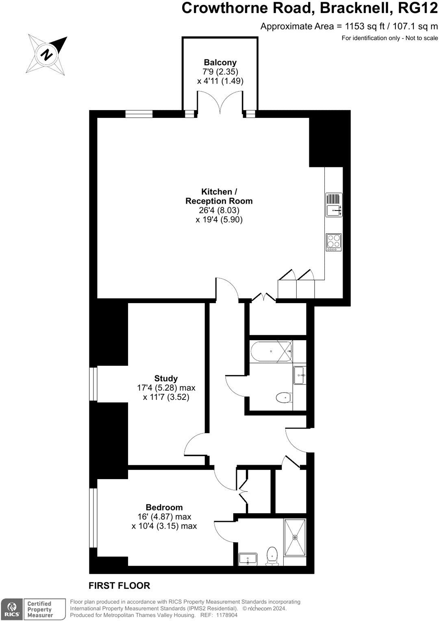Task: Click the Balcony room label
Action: [x=220, y=63]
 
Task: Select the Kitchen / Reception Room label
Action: [x=219, y=196]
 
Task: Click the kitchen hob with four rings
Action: [x=334, y=242]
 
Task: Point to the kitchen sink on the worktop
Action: [x=334, y=211]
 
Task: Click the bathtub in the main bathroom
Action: [x=271, y=351]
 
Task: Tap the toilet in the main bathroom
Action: [x=284, y=397]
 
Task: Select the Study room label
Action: [x=166, y=378]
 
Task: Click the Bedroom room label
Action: [x=164, y=507]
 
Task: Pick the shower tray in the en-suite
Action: [x=295, y=537]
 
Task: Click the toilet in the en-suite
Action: [x=272, y=555]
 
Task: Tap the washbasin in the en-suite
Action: [x=248, y=559]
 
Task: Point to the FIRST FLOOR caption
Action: [x=120, y=586]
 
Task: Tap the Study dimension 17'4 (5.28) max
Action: [x=166, y=388]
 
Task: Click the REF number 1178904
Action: [x=227, y=615]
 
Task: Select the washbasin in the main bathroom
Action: [x=300, y=375]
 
